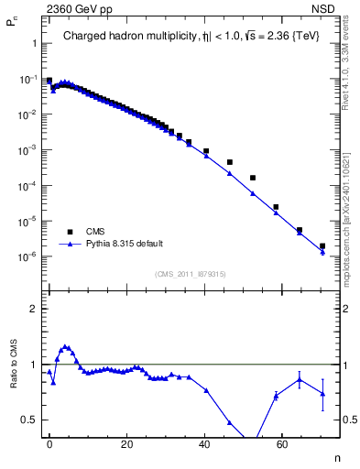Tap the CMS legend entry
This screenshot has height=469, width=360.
[x=96, y=232]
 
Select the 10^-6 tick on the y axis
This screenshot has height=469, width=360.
[x=27, y=256]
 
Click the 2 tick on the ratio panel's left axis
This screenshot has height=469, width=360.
[x=33, y=309]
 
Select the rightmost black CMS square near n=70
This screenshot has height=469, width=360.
[x=322, y=245]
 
